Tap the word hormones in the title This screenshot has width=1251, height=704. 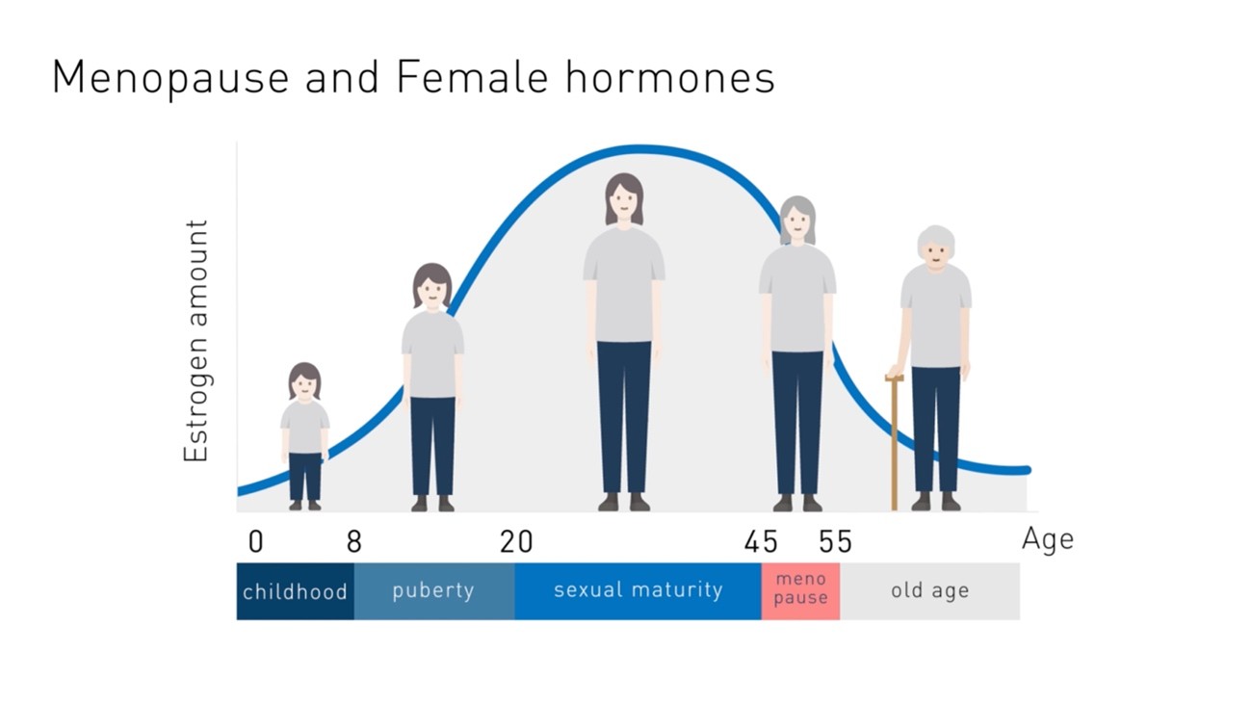670,77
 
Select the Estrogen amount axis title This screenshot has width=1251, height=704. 196,341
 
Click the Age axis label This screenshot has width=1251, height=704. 1047,539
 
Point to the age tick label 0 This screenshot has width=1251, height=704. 255,542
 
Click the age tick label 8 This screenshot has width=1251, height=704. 353,542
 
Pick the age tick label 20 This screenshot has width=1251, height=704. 516,542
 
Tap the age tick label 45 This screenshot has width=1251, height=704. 761,542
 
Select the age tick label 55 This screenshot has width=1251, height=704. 836,542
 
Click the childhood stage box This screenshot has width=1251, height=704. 295,591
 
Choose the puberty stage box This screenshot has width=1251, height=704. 433,590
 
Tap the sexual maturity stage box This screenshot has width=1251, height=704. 638,590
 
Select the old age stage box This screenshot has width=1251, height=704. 929,590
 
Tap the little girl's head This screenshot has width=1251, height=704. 304,382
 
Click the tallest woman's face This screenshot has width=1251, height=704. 624,203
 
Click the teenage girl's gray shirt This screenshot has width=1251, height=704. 432,352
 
